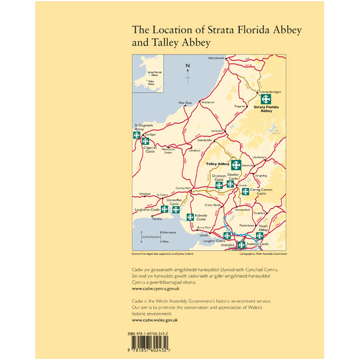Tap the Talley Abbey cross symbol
pyautogui.click(x=236, y=164)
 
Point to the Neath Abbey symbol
pyautogui.click(x=259, y=235)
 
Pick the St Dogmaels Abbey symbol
pyautogui.click(x=136, y=135)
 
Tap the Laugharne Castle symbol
pyautogui.click(x=164, y=209)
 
